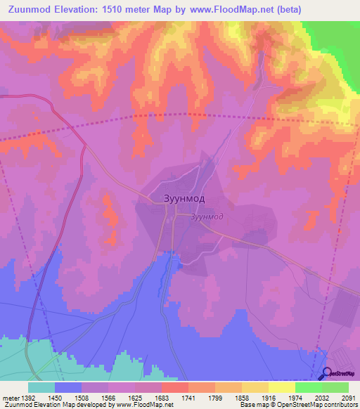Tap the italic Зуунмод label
(207, 216)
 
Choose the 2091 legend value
(348, 397)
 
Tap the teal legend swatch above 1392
(41, 387)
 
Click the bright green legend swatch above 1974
(309, 387)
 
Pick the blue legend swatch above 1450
(68, 387)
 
